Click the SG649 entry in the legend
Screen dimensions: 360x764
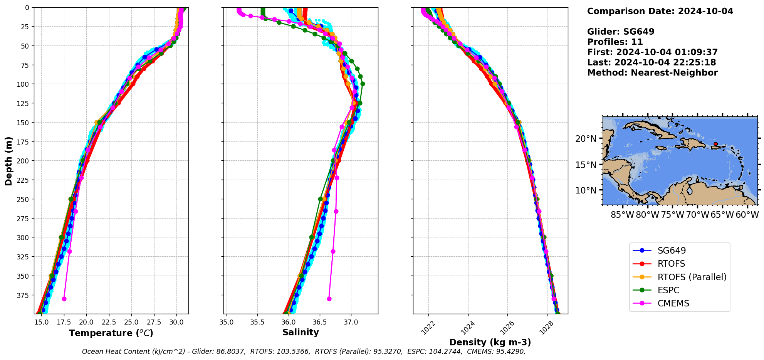672,251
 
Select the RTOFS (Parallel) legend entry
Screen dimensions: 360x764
692,277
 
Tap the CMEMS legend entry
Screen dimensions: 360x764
673,303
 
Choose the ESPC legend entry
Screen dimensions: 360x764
668,290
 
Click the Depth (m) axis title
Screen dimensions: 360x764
8,161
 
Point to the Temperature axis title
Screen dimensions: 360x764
111,333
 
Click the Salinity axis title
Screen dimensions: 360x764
301,332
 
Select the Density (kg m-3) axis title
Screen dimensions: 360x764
490,342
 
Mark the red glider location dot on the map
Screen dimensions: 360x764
715,144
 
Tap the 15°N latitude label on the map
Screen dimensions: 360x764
586,165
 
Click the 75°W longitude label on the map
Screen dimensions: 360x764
673,215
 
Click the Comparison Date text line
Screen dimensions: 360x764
660,11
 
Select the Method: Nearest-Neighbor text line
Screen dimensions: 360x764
652,73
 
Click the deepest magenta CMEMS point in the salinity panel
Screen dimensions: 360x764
329,299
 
